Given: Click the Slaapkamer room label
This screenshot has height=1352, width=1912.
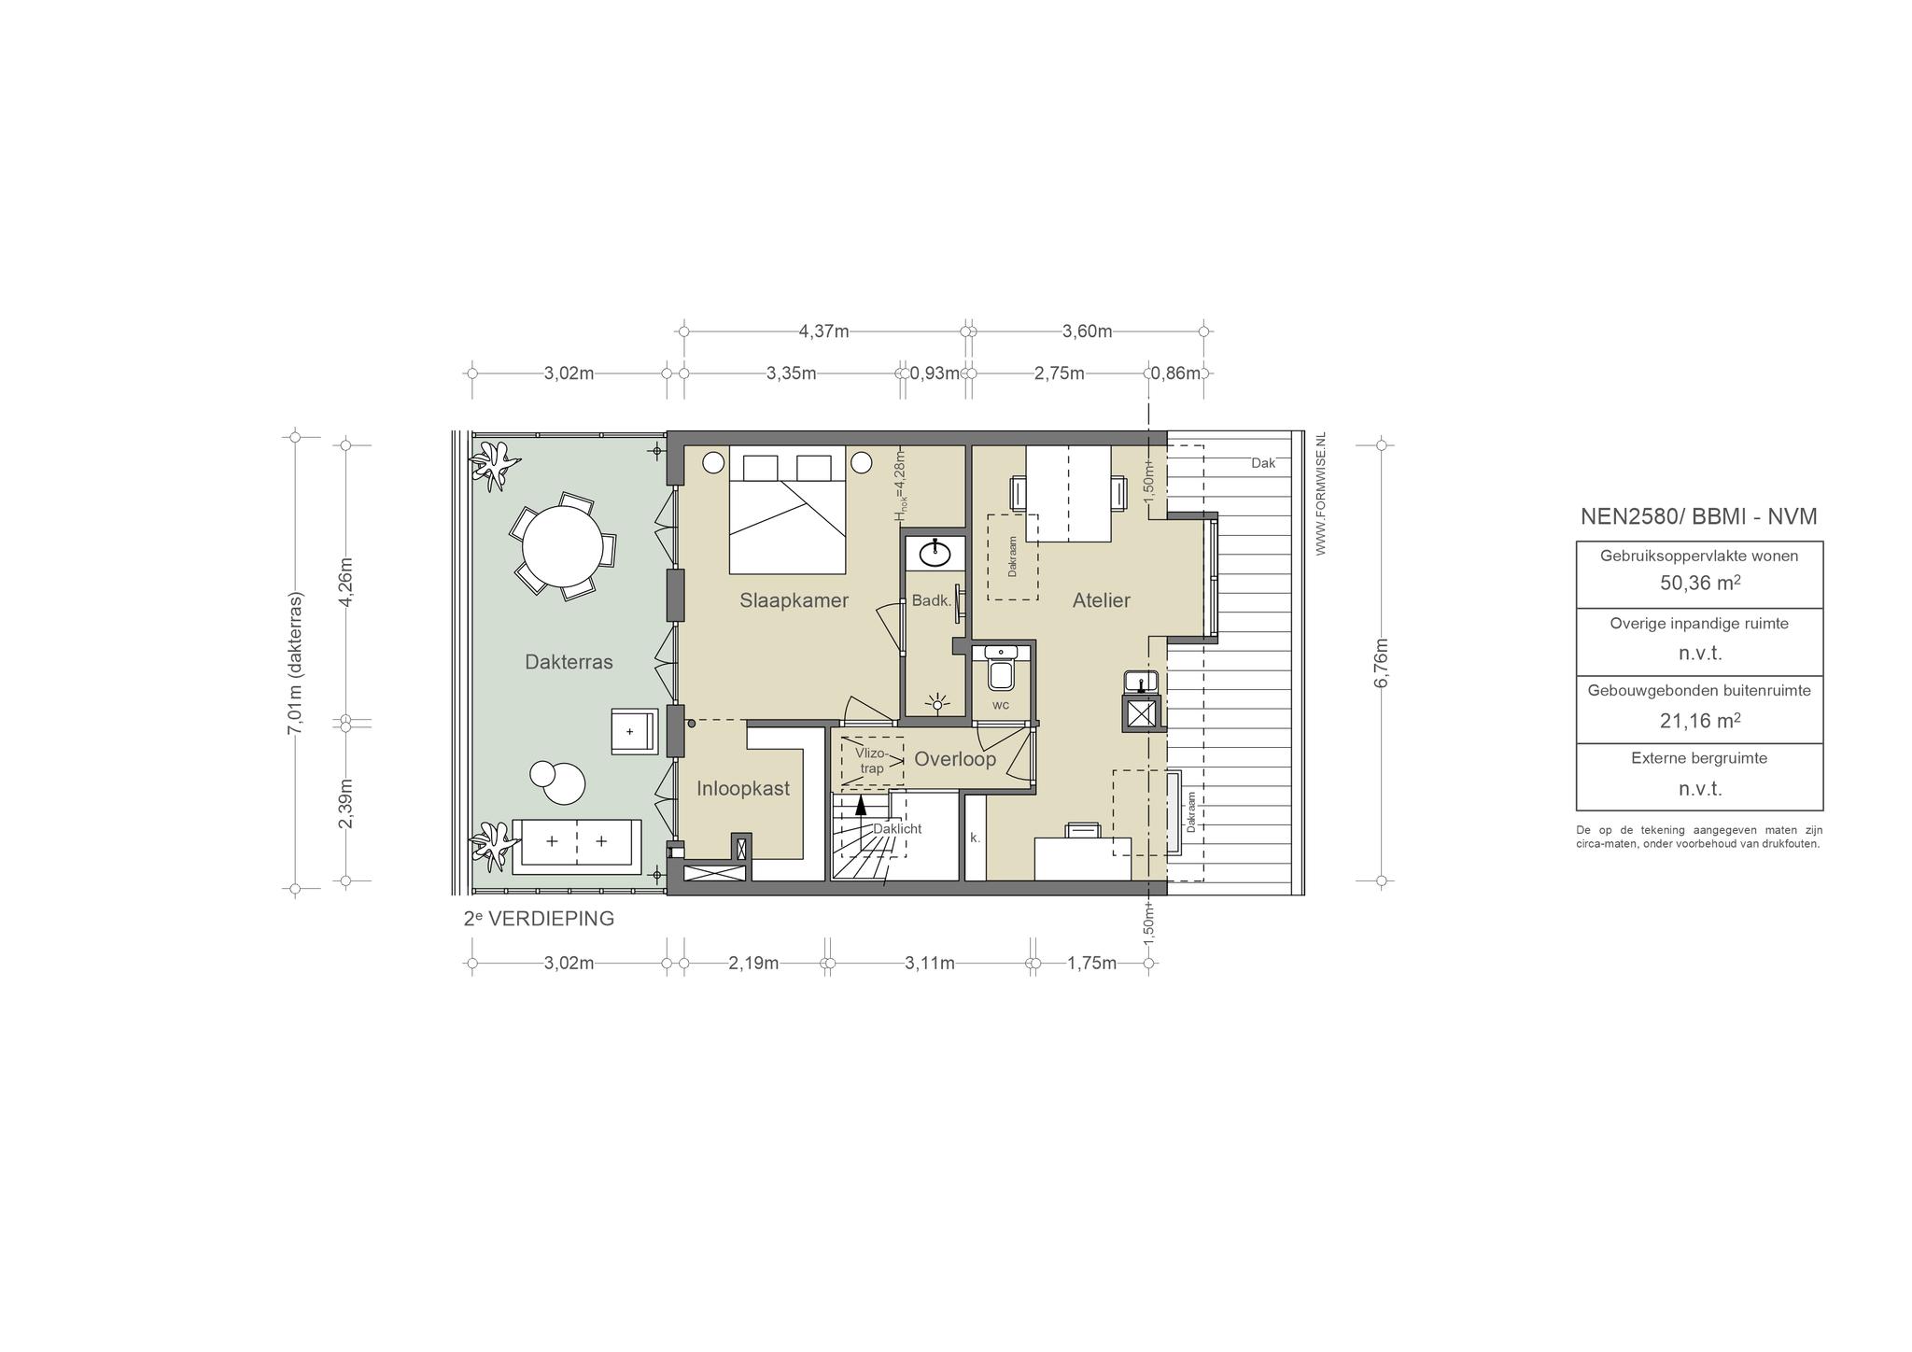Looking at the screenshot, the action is pos(794,600).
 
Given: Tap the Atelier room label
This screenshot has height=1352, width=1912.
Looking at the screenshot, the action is pos(1101,600).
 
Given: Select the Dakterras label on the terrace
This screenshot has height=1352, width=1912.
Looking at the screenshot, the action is pos(569,662).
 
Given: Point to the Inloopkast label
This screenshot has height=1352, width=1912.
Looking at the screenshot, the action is pos(743,788).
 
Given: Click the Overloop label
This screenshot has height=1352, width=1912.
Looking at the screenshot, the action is pos(954,759).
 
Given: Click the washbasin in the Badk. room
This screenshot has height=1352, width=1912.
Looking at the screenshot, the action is pos(935,554).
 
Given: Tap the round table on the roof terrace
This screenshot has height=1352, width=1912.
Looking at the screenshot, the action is pos(562,545).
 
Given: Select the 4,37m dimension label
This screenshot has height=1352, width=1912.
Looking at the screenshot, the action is pos(823,331).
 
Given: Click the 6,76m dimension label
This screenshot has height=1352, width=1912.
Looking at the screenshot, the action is pos(1382,663).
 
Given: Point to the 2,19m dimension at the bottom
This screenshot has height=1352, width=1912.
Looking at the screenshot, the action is pos(753,963).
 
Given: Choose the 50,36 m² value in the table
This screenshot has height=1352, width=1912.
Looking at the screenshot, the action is pos(1699,584).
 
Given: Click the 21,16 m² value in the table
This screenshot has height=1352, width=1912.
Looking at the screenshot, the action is pos(1699,721).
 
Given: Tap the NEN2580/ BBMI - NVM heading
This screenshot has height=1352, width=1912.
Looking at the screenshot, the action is pos(1698,516).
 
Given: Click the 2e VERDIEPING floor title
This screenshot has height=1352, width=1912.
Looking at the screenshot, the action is pos(539,918).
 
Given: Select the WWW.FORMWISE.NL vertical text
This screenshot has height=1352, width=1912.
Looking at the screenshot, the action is pos(1320,494).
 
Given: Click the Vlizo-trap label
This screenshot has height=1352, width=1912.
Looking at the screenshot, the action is pos(871,760).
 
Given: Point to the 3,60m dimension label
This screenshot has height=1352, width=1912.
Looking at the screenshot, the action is pos(1087,331).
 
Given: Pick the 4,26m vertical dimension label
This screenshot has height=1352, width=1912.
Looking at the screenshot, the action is pos(345,583).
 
